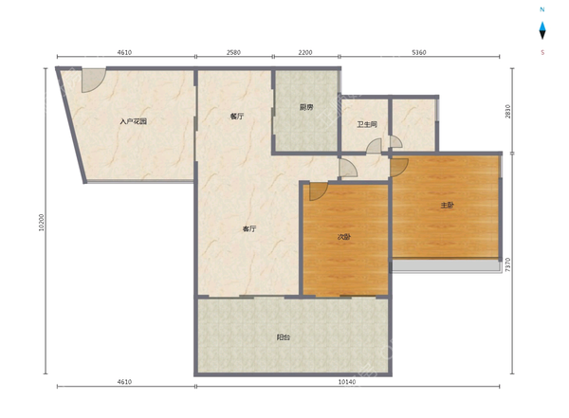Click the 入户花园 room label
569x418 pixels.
click(133, 121)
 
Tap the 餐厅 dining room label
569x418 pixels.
click(236, 116)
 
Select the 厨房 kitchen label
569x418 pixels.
click(306, 107)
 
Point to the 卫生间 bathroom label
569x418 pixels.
click(367, 124)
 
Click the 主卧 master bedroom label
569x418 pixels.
click(447, 205)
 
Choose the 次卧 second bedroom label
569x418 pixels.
click(344, 237)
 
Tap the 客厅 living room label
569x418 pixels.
click(249, 228)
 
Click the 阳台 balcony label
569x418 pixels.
click(284, 337)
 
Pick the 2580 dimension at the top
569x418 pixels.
click(233, 52)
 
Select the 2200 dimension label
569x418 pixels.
click(305, 52)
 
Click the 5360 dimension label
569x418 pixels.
click(419, 52)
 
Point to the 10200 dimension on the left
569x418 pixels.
click(41, 222)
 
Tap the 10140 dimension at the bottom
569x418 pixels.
click(347, 382)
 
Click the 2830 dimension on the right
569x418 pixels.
click(507, 112)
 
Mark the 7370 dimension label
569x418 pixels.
click(507, 264)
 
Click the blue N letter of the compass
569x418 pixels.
click(542, 9)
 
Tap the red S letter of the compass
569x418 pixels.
click(542, 52)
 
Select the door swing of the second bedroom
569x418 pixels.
click(317, 191)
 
